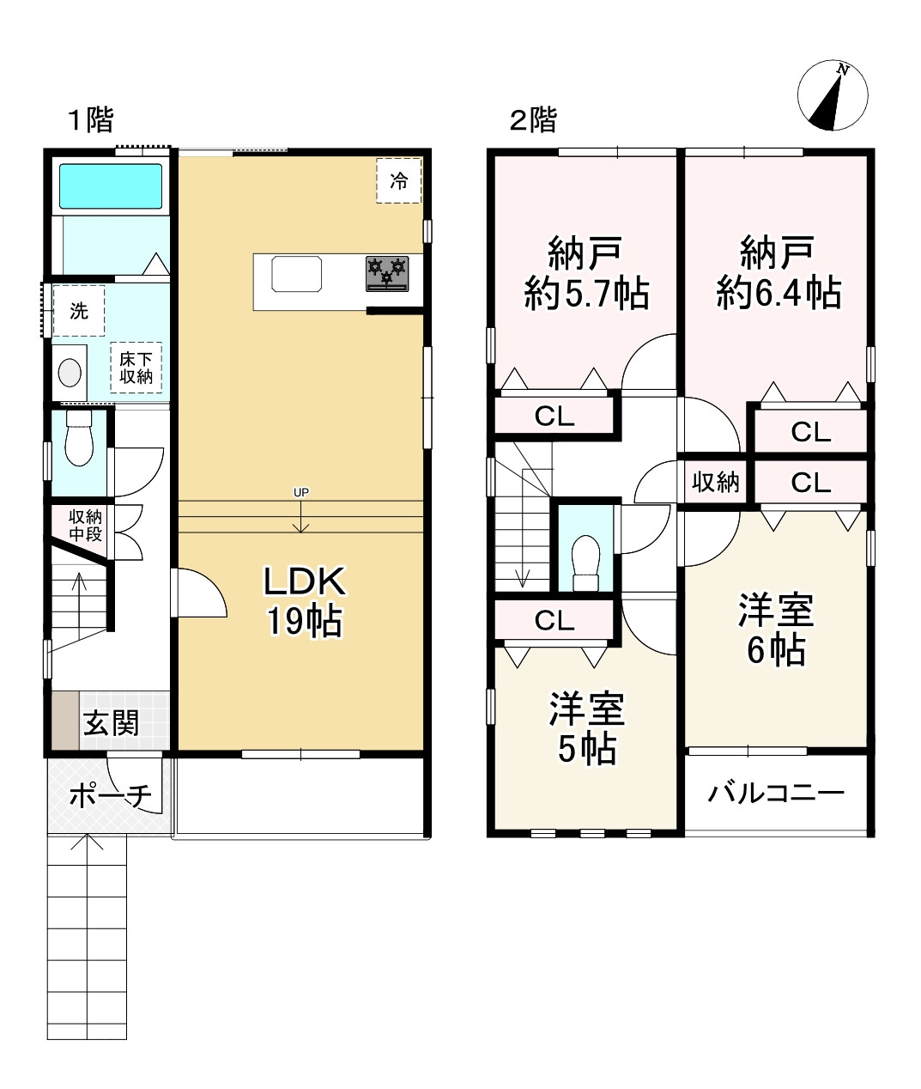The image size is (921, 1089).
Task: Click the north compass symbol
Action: coord(832,95)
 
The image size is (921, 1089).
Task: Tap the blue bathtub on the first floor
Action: coord(111,186)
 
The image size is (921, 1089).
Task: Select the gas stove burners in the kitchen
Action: coord(387,274)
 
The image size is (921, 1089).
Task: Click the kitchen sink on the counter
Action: coord(296,273)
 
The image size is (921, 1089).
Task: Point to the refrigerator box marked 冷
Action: coord(398,180)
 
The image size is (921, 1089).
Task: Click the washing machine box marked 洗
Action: coord(78,311)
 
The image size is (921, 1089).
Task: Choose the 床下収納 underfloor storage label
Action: coord(136,368)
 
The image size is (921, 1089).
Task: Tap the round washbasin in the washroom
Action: coord(70,373)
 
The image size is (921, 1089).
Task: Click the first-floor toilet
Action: coord(79,438)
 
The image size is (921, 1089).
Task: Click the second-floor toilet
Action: coord(586,563)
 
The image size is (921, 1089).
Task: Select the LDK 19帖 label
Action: coord(305,601)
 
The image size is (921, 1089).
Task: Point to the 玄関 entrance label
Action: coord(111,723)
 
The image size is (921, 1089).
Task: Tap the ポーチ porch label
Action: coord(111,795)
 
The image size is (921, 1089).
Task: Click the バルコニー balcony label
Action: coord(776,793)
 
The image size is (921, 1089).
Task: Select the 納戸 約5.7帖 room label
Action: coord(586,273)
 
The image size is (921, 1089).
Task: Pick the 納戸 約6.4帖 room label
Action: coord(779,273)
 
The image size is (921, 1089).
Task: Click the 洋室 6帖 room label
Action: coord(776,630)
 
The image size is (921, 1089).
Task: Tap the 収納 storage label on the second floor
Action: coord(715,482)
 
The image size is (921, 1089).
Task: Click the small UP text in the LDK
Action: coord(300,493)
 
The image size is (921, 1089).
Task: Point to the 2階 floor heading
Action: coord(533,119)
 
